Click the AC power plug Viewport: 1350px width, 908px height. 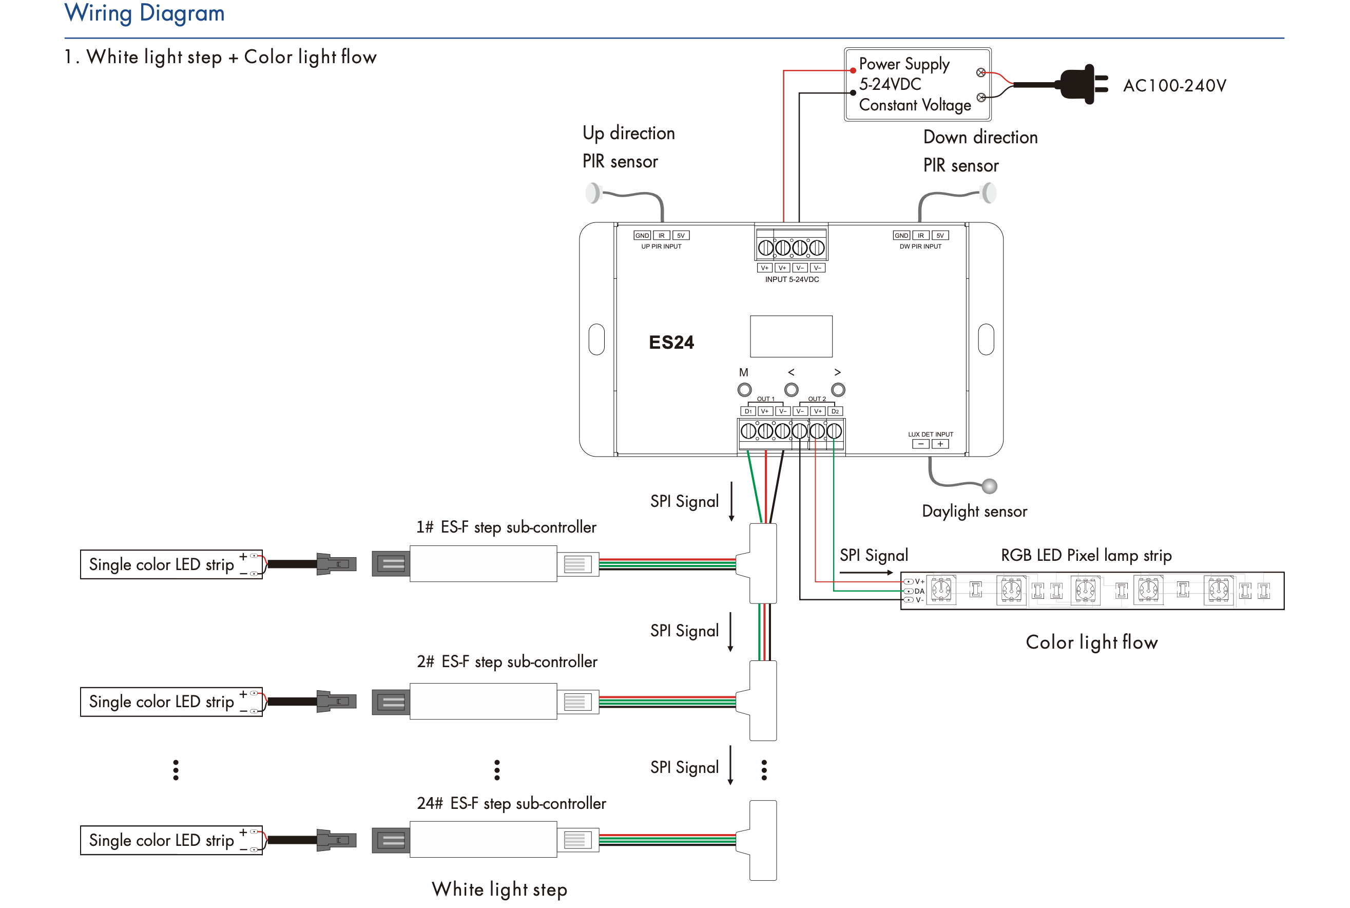point(1081,85)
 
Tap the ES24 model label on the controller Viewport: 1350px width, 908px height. point(671,342)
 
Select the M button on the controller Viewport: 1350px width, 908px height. point(744,390)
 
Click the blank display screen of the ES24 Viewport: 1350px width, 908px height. point(791,336)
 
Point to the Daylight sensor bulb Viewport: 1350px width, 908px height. point(990,486)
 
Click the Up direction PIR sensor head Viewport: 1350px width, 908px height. point(593,193)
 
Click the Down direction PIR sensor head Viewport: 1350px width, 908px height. point(989,193)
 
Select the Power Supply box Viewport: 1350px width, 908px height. point(917,85)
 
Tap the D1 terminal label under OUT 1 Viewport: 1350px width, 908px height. point(747,411)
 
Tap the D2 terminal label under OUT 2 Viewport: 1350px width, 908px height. point(835,411)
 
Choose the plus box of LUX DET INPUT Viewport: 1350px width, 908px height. point(940,444)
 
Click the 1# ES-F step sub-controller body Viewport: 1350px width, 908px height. point(483,563)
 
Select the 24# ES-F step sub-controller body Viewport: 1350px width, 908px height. point(483,839)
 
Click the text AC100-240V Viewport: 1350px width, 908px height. point(1174,86)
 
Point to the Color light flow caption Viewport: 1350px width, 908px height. point(1091,642)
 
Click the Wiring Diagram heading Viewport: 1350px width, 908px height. point(144,13)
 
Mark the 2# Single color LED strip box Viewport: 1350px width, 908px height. point(171,702)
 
